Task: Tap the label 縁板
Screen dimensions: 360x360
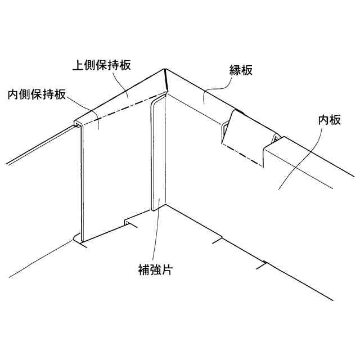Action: pyautogui.click(x=240, y=71)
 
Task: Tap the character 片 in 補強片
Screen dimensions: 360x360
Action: pyautogui.click(x=166, y=269)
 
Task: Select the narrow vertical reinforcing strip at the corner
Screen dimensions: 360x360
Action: pyautogui.click(x=159, y=152)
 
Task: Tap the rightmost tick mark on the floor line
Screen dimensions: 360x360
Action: pyautogui.click(x=261, y=264)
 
